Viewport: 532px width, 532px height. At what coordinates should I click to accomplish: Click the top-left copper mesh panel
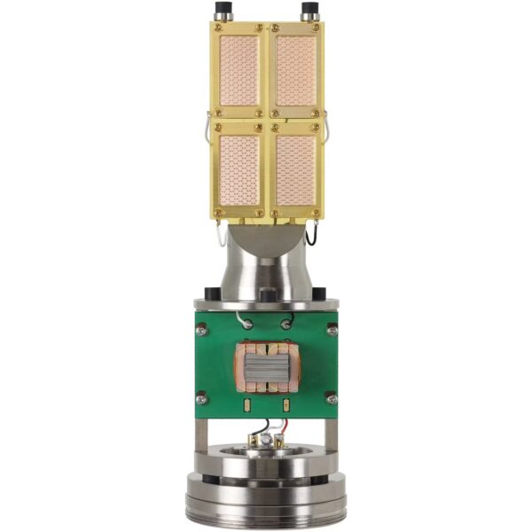coord(238,70)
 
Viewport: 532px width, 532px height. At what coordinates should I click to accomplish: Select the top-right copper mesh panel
coord(295,70)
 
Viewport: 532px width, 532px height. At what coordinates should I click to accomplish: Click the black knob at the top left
coord(220,11)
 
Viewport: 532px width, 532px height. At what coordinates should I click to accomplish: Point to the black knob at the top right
coord(310,11)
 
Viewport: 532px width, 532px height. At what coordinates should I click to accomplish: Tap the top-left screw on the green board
coord(202,330)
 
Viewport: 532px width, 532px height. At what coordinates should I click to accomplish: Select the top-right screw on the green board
coord(332,330)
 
